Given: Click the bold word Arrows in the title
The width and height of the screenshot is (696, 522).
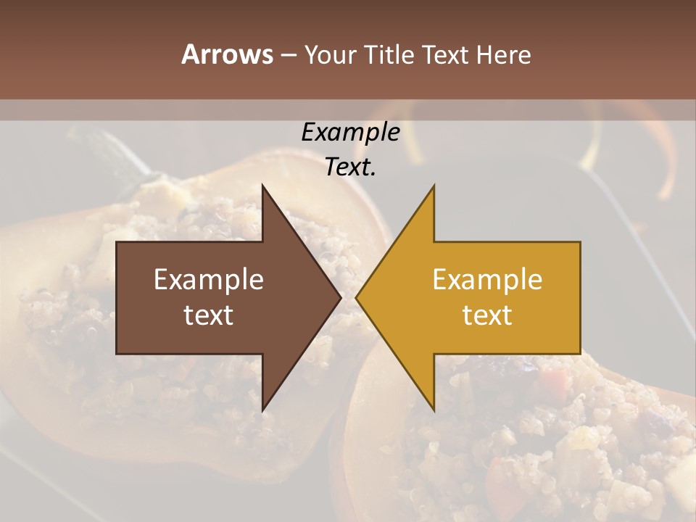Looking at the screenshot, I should (x=228, y=54).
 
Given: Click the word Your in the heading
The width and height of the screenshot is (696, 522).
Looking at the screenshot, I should (x=331, y=54).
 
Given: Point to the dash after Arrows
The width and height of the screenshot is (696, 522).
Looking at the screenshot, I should (x=288, y=55).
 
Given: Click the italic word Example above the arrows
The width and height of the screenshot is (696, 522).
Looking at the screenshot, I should (x=350, y=133).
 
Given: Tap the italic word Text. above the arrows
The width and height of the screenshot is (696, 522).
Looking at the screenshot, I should (x=350, y=167).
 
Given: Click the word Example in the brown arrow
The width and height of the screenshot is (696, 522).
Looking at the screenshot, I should (x=209, y=280).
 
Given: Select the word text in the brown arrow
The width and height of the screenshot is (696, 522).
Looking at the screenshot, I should (x=209, y=315).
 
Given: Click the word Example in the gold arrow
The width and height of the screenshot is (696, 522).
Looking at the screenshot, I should (x=487, y=280).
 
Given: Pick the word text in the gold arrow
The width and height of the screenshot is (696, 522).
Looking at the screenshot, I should (x=487, y=315).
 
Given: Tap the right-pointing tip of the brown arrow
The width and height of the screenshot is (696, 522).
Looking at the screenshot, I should (x=340, y=298).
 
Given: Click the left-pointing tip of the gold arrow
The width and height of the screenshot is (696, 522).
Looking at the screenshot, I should (x=357, y=298).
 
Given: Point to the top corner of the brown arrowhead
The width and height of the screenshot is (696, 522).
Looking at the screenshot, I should (x=262, y=186).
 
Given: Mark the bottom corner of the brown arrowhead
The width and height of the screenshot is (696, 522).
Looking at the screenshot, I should (x=262, y=410).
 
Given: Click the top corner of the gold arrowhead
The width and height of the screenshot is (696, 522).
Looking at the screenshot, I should (x=434, y=186).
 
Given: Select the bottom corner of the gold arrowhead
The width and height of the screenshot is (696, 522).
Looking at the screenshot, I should (x=434, y=410).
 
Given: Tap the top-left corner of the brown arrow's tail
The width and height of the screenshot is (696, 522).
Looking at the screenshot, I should (x=117, y=242).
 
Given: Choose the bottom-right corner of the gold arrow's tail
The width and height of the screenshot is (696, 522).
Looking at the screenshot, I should (x=580, y=354).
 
